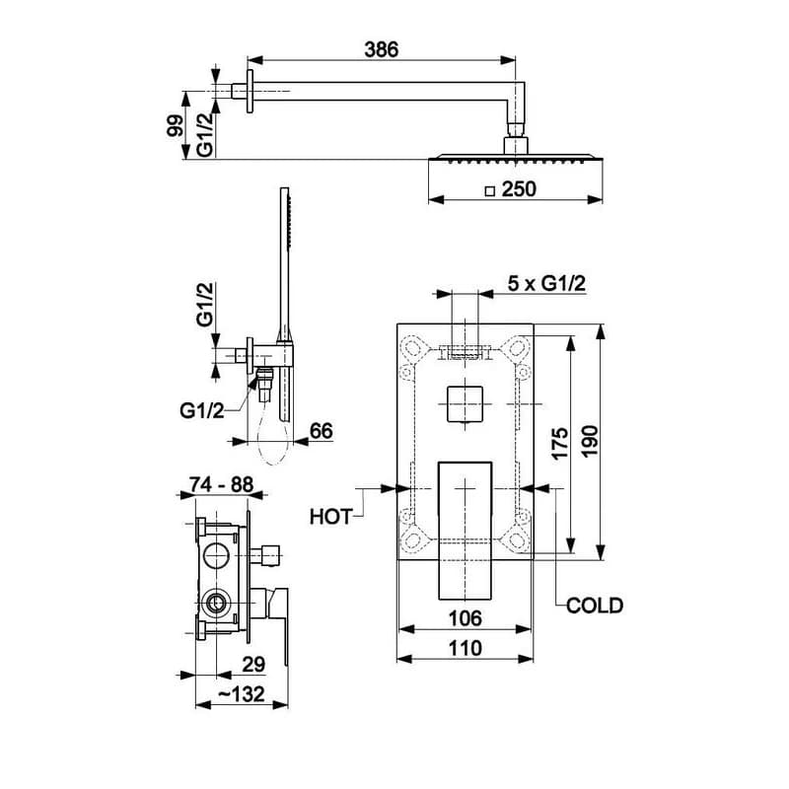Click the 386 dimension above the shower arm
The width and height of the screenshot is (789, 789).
coord(381,49)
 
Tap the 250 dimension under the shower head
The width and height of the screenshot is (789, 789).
coord(519,189)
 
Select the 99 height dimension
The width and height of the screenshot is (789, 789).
coord(176,126)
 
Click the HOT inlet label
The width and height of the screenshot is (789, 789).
coord(330,517)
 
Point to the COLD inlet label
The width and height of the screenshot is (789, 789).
coord(595,606)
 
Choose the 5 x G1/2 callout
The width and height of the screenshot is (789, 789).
coord(546,284)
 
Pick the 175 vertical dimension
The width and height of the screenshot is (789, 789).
coord(559,443)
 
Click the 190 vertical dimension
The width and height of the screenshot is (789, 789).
coord(590,441)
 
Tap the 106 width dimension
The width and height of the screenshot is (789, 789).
coord(465,618)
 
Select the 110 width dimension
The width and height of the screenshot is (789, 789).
coord(465,648)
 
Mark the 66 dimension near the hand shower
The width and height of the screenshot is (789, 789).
coord(322,431)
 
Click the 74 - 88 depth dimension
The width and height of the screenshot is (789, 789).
coord(221,484)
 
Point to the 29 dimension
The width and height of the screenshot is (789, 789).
coord(253,665)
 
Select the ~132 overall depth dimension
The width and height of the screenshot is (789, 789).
coord(242,694)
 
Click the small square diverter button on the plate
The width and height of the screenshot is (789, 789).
coord(465,404)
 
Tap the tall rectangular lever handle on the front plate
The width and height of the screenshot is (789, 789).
coord(465,531)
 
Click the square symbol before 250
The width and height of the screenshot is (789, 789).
coord(489,191)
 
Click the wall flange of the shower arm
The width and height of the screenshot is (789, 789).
coord(250,91)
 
